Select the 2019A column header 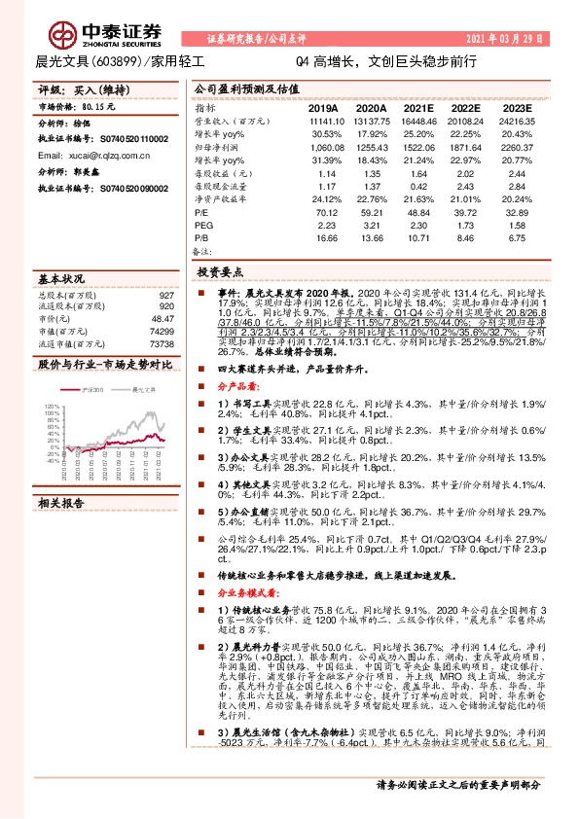323,109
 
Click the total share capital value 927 166,295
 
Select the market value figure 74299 162,331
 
